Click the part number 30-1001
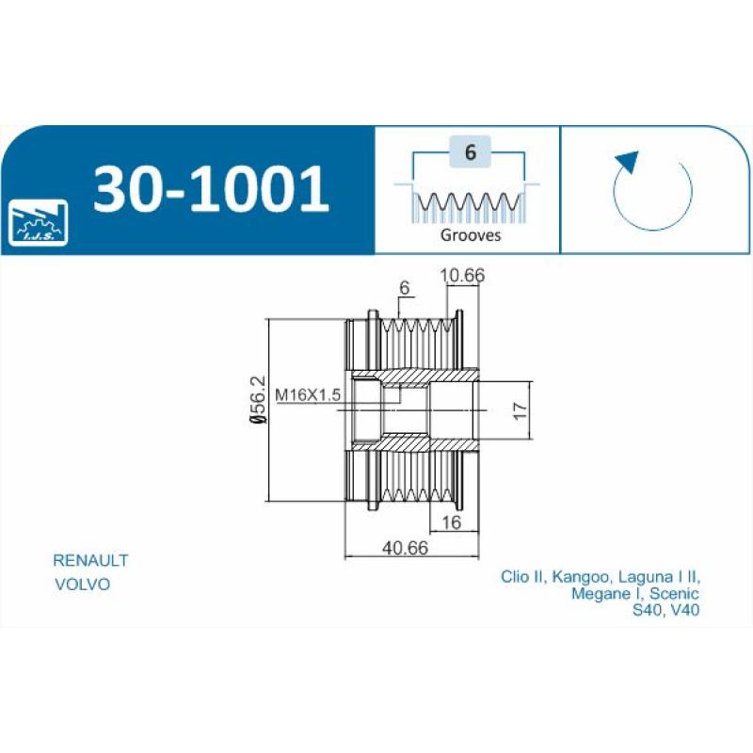211,189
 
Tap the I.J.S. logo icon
39,222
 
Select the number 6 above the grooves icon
470,152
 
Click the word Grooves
471,234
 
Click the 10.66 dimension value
462,275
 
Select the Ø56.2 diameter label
257,399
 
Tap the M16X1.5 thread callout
308,394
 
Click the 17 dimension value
521,410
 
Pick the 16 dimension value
451,522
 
